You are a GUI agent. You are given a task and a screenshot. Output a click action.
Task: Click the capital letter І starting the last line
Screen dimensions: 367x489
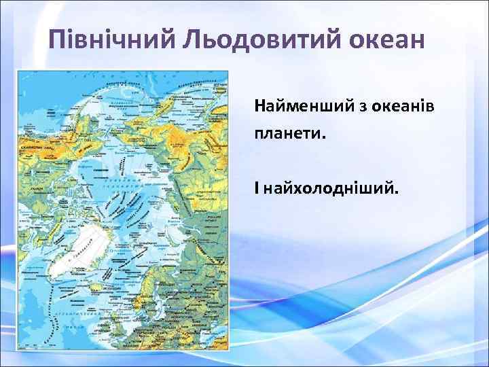257,186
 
